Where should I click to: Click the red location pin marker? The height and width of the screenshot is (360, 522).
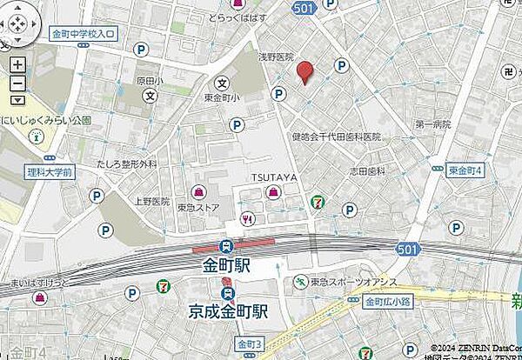point(304,72)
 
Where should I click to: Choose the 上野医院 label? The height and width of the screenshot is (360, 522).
point(151,200)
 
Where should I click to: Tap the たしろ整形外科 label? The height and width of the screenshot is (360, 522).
point(127,163)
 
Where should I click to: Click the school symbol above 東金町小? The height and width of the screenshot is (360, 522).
point(223,84)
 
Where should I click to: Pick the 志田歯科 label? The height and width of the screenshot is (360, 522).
point(368,172)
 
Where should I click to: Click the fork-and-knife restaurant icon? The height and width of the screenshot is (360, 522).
point(249,219)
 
